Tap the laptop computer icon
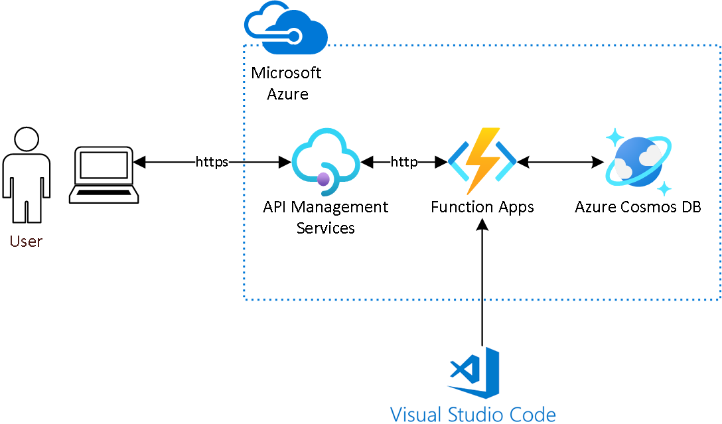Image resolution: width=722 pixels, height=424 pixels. pyautogui.click(x=104, y=175)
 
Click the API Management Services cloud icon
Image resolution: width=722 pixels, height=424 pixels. pyautogui.click(x=326, y=162)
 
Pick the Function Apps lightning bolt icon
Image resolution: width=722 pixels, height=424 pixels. pyautogui.click(x=482, y=161)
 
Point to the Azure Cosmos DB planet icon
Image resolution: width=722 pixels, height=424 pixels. pyautogui.click(x=638, y=161)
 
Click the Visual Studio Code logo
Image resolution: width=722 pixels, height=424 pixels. pyautogui.click(x=473, y=373)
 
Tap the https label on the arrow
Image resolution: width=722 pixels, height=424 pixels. pyautogui.click(x=212, y=162)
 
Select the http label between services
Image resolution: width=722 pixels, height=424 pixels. pyautogui.click(x=404, y=162)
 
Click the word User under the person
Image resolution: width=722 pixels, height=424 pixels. pyautogui.click(x=27, y=242)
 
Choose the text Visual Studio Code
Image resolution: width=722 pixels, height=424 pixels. pyautogui.click(x=473, y=414)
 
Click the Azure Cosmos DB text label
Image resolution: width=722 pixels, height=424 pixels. pyautogui.click(x=638, y=207)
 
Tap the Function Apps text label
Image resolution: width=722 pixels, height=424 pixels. pyautogui.click(x=482, y=208)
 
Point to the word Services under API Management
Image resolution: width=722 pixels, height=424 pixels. pyautogui.click(x=326, y=228)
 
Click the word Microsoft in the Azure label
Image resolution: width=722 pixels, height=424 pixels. pyautogui.click(x=286, y=73)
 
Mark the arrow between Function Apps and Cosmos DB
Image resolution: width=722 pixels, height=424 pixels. pyautogui.click(x=560, y=162)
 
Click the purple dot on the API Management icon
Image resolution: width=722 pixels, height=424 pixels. pyautogui.click(x=323, y=178)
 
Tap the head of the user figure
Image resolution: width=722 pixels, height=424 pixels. pyautogui.click(x=27, y=139)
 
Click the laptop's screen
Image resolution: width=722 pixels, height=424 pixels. pyautogui.click(x=104, y=165)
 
